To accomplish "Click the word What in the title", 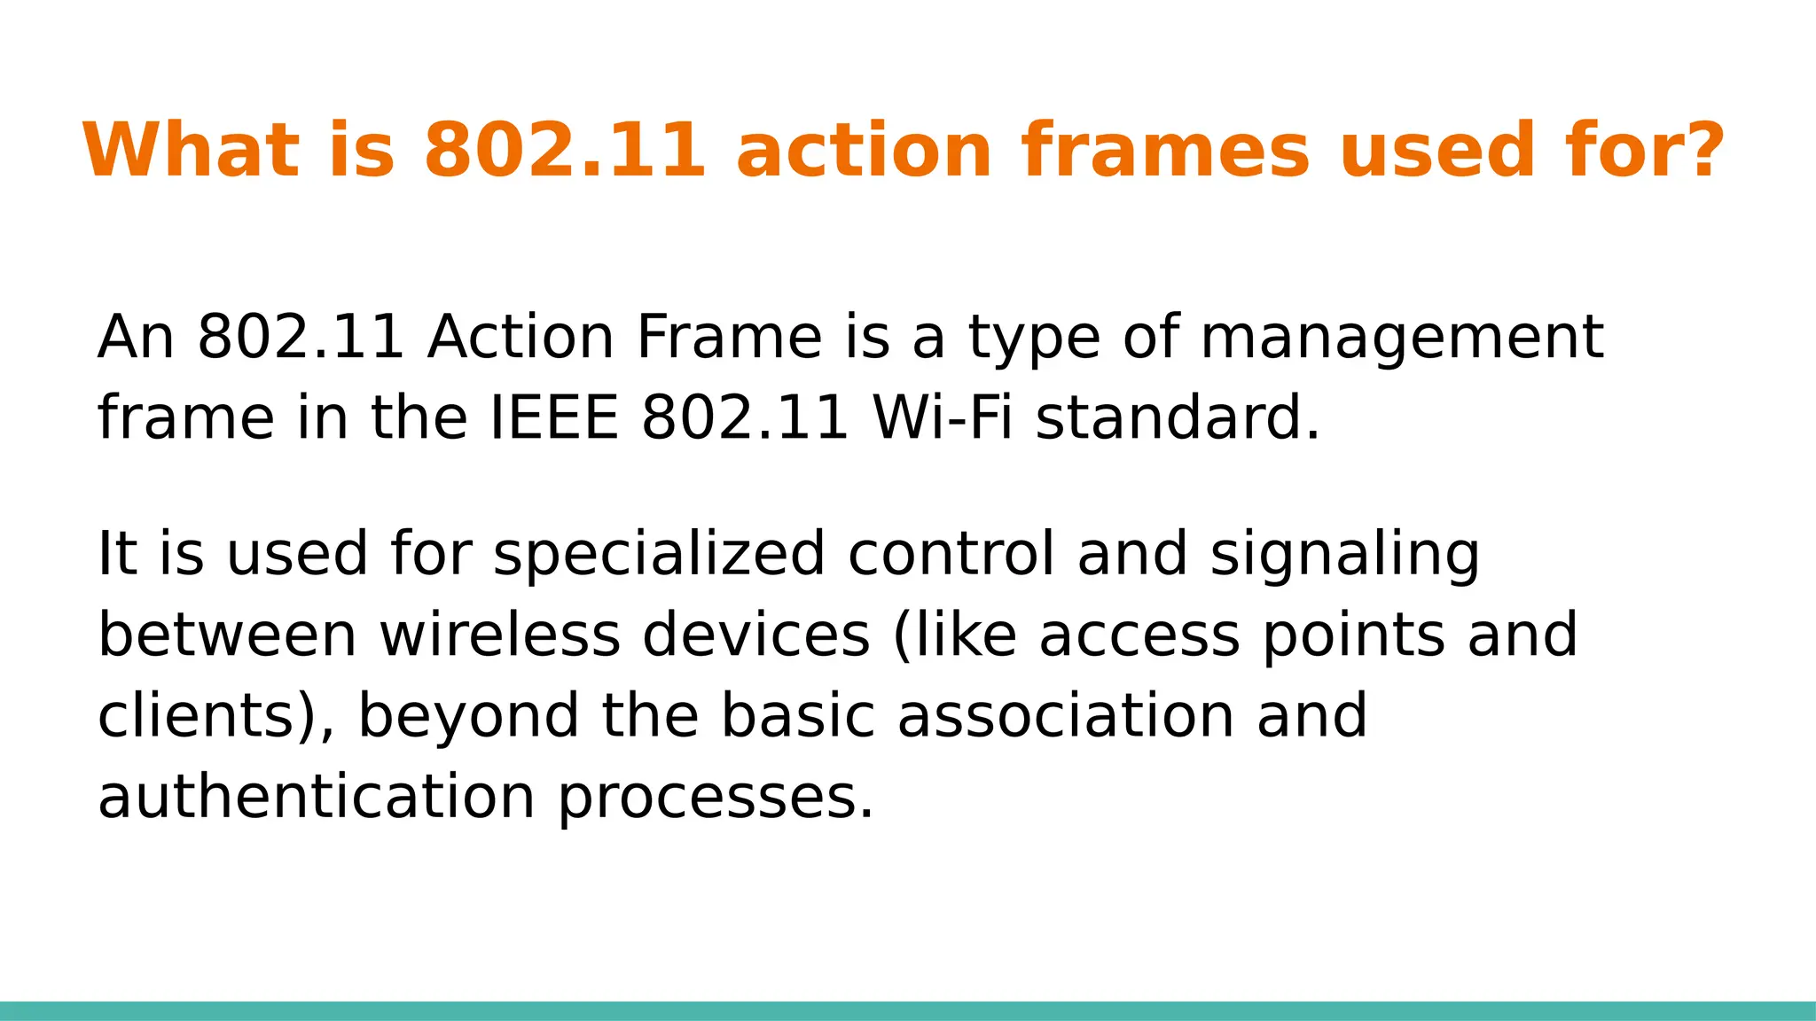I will [x=191, y=151].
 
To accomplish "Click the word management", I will [x=1401, y=339].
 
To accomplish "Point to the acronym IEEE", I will [x=554, y=418].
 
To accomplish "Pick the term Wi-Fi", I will [x=943, y=418].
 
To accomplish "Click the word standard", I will [x=1177, y=418].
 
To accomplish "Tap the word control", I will [x=951, y=554].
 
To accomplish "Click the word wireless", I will [x=500, y=635].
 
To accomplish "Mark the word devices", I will [x=755, y=635].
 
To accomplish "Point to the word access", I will [x=1139, y=635].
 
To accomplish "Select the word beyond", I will [x=467, y=718].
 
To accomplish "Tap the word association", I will [x=1065, y=716].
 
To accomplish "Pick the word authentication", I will [x=316, y=797].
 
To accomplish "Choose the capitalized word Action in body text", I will [x=521, y=339].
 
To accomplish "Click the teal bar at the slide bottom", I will [x=908, y=1010].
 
